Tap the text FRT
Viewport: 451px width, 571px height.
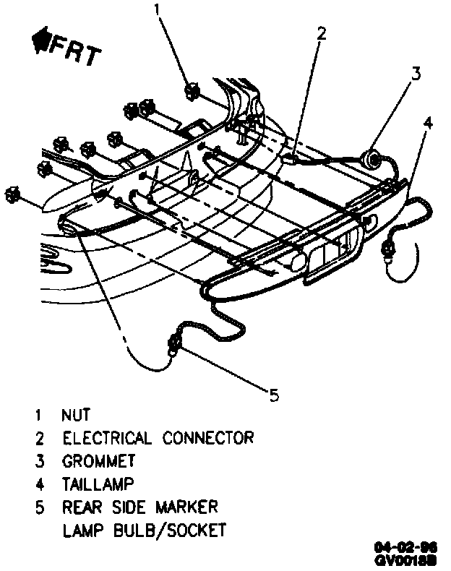coord(72,52)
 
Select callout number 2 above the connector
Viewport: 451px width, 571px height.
coord(321,33)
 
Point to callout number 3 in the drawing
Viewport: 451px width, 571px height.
coord(416,73)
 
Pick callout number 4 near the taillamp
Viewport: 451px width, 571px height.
coord(429,122)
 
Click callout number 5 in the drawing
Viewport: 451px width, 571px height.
coord(273,394)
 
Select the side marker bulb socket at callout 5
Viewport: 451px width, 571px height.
coord(174,343)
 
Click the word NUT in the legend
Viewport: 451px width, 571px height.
coord(76,416)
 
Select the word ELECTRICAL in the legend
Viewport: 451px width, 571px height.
coord(108,438)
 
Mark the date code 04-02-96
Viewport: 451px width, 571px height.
coord(416,547)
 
